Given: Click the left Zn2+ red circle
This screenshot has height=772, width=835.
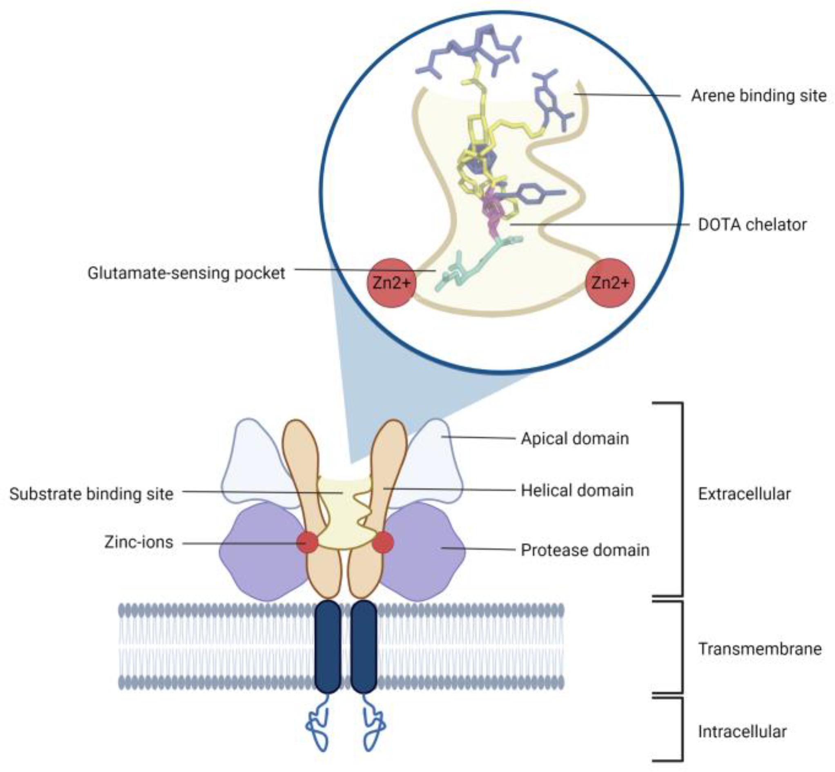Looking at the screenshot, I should tap(391, 283).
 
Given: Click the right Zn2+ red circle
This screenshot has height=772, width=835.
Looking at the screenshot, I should tap(610, 283).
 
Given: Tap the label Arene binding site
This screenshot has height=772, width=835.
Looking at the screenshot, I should tap(759, 96).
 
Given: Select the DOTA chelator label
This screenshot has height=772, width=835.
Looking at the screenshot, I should tap(752, 225).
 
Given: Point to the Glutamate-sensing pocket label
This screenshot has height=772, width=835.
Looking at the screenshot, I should tap(186, 273).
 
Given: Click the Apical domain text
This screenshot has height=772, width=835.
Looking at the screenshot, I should tap(574, 439).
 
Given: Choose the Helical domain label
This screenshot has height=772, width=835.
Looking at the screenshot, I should tap(577, 491).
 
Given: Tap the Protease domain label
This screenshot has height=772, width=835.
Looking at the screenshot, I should tap(585, 550).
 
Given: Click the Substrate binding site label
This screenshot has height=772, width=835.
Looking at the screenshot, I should tap(91, 494).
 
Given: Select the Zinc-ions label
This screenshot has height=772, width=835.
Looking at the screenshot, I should tap(138, 542).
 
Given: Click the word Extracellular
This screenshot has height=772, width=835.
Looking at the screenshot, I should tap(744, 494).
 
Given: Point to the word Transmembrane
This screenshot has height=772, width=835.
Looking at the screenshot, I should tap(759, 649).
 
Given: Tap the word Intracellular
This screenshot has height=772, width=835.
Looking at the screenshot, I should tap(742, 732).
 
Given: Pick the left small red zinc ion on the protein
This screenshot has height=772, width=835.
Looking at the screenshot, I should tap(307, 542).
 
